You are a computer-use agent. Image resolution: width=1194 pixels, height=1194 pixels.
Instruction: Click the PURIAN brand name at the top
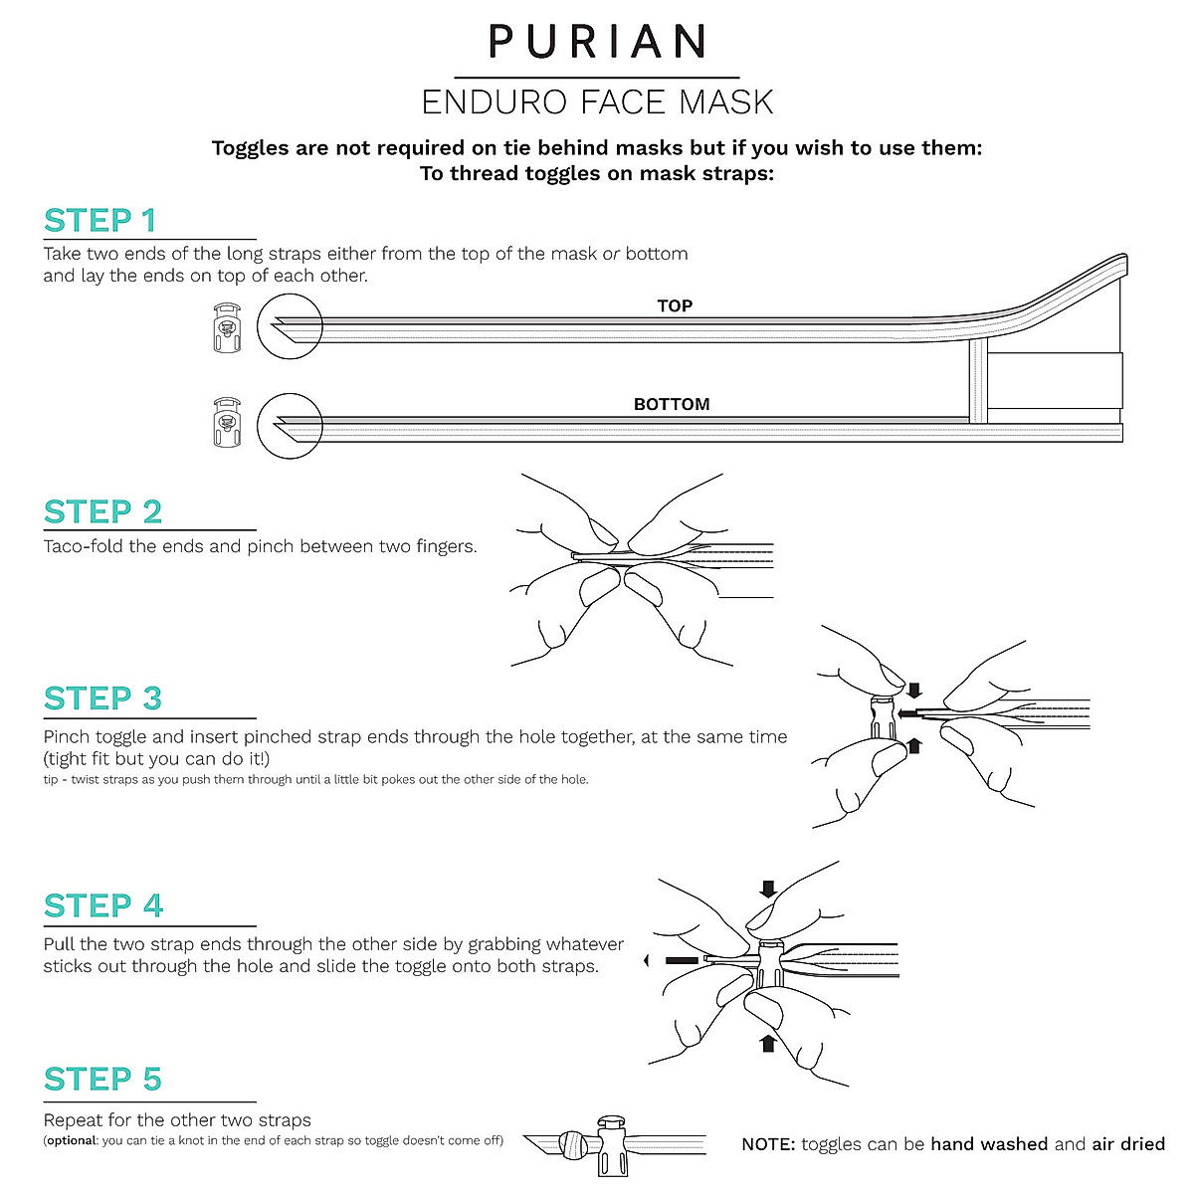(597, 41)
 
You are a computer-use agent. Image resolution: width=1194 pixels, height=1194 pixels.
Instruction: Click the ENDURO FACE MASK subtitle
(597, 102)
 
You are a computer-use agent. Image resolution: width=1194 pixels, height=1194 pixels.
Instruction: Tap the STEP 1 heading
(100, 220)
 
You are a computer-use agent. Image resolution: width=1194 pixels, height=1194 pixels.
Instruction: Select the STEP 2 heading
(102, 511)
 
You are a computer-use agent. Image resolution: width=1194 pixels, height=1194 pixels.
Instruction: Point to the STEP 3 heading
(102, 698)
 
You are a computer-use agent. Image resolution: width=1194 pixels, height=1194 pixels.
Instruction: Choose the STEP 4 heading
(103, 906)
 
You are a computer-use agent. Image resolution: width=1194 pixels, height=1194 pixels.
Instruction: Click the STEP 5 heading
(102, 1080)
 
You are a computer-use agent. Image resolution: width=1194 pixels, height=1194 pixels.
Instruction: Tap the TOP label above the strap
(675, 305)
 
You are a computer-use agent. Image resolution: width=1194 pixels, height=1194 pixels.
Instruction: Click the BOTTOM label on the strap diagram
(672, 404)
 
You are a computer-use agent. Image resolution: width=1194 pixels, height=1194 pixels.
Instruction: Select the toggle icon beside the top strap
(227, 327)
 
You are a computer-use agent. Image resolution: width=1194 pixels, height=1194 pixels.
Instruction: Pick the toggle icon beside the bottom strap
(227, 423)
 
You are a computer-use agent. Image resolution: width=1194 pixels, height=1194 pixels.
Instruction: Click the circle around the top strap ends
(290, 326)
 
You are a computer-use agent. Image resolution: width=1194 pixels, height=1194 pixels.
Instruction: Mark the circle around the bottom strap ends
(290, 425)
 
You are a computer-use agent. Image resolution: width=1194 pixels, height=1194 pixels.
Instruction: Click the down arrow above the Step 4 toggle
(768, 888)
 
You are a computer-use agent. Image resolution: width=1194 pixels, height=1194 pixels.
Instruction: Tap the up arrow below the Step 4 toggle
(767, 1042)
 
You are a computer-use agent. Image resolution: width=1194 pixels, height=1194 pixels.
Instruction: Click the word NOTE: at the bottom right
(768, 1144)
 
